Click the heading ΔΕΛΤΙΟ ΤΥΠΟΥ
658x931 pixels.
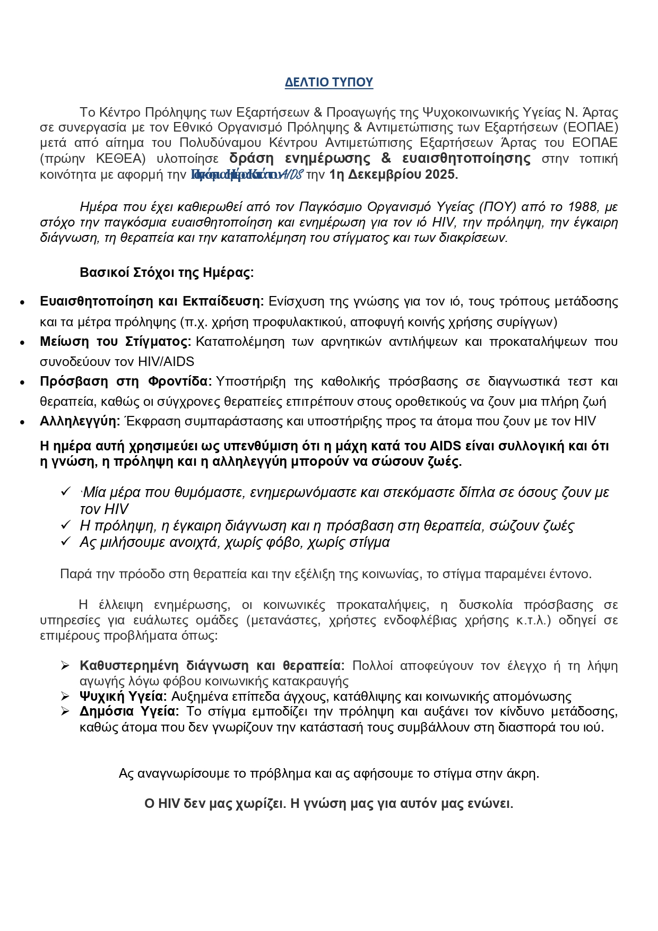click(x=328, y=82)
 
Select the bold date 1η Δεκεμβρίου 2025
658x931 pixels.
click(x=393, y=175)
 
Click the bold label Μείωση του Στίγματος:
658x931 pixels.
click(x=115, y=342)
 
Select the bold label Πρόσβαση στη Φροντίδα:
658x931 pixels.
click(x=126, y=382)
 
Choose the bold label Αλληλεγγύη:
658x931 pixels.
click(x=80, y=422)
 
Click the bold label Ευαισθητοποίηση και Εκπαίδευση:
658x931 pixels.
click(x=152, y=302)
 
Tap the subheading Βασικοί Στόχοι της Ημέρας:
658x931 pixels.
click(x=167, y=273)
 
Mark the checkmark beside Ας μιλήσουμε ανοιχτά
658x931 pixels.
click(x=66, y=542)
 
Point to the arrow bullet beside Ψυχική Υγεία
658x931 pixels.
click(x=65, y=697)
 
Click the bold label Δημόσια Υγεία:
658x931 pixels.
click(x=129, y=711)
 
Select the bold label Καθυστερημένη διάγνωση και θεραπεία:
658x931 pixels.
click(x=212, y=666)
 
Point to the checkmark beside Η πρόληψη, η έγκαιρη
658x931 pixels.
click(x=66, y=525)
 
